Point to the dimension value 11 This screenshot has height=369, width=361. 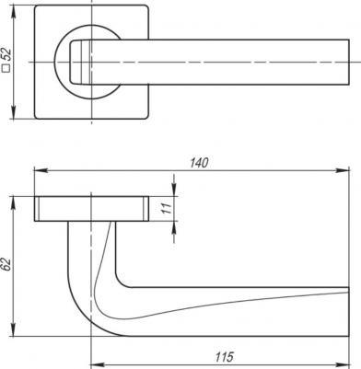point(167,210)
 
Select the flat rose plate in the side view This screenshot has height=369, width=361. point(92,207)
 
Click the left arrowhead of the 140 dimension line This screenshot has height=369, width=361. point(37,170)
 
